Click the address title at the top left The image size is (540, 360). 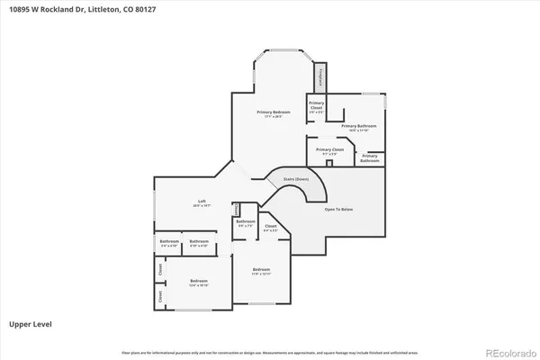click(61, 12)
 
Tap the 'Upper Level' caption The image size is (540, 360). click(29, 321)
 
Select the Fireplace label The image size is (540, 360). click(319, 78)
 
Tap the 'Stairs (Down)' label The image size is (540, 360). click(295, 179)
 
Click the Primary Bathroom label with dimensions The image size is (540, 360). click(357, 128)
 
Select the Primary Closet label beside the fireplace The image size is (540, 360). click(316, 107)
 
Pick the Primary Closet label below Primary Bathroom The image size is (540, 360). click(325, 151)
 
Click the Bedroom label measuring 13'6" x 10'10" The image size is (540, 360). click(199, 283)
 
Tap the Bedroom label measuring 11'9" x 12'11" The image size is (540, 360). click(261, 271)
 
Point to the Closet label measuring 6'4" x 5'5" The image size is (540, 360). click(270, 229)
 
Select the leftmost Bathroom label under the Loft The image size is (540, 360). click(169, 243)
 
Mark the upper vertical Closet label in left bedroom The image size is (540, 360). click(160, 268)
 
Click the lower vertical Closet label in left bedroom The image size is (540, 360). click(160, 295)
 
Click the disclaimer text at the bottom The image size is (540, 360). click(270, 350)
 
